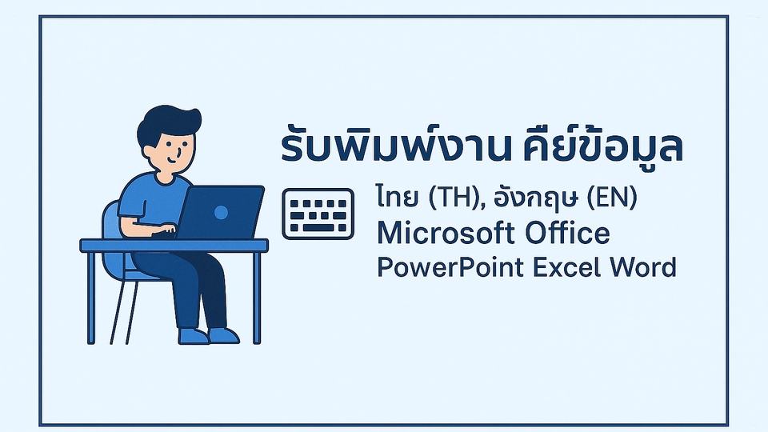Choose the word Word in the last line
click(x=645, y=266)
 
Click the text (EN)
click(x=612, y=198)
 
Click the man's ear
click(x=150, y=149)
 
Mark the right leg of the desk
click(x=256, y=296)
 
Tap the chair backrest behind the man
click(x=112, y=232)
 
